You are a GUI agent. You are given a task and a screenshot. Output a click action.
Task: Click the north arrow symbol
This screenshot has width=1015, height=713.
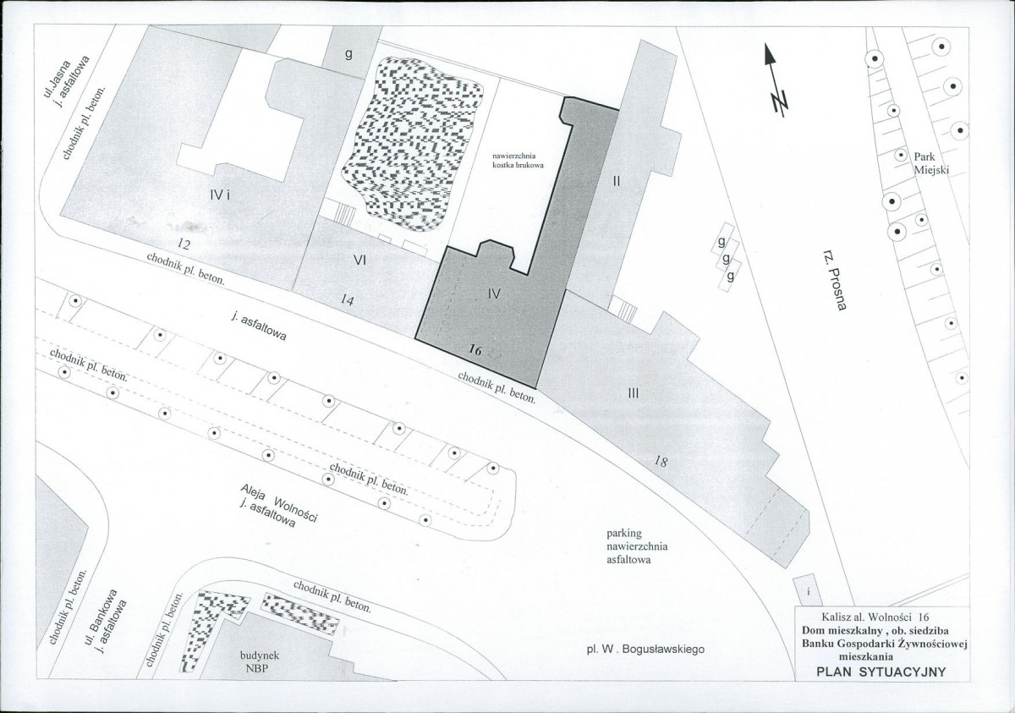776,80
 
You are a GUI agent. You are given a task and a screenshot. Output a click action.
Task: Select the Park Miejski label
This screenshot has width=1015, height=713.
930,163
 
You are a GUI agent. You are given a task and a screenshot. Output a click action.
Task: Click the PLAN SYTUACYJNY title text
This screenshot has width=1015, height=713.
881,672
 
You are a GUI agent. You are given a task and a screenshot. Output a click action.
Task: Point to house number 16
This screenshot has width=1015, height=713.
475,350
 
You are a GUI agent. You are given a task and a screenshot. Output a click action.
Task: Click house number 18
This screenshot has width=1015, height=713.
661,462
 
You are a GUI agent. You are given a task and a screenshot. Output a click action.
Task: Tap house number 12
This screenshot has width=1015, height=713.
184,244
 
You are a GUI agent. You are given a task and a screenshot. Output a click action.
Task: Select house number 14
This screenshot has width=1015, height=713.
347,300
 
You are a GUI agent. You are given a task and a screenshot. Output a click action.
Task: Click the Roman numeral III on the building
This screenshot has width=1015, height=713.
634,393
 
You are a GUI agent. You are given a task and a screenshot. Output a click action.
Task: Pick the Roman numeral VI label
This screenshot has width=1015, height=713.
359,261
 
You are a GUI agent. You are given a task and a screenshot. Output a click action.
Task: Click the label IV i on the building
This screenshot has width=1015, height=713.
220,195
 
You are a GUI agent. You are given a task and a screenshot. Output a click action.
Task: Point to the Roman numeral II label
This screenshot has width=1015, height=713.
617,182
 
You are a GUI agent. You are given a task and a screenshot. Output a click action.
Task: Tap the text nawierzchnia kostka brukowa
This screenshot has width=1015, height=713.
518,161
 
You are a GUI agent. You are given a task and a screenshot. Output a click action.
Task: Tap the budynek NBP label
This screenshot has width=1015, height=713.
260,661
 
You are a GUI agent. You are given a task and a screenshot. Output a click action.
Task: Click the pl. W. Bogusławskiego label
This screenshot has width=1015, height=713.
645,649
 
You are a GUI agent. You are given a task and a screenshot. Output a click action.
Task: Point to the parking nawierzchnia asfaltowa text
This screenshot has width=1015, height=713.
637,546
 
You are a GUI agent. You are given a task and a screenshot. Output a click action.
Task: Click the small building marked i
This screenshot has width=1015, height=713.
808,590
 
